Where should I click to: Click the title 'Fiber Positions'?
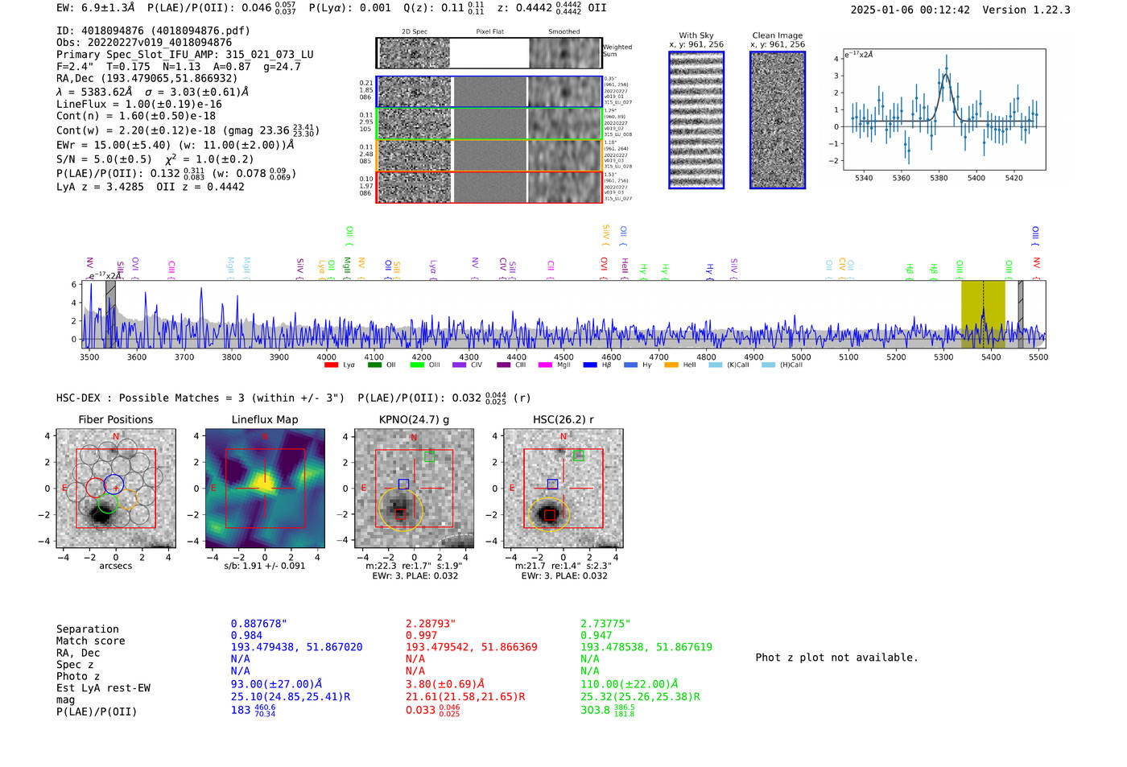(115, 419)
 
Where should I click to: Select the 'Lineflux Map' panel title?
(264, 419)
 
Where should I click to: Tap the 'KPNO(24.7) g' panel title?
(415, 419)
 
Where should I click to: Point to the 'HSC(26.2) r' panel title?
(563, 419)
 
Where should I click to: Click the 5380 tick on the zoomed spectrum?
(939, 178)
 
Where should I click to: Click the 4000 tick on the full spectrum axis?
(326, 357)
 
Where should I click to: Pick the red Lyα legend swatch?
(331, 365)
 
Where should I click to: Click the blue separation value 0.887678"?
(258, 624)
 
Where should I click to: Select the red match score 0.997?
(421, 636)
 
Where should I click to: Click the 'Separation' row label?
(87, 629)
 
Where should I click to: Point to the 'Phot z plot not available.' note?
(836, 658)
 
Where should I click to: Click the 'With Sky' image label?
(696, 35)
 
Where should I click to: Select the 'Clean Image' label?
(777, 35)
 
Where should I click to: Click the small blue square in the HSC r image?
(552, 484)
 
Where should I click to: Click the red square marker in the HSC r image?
(549, 515)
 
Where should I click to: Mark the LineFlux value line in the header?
(138, 104)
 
